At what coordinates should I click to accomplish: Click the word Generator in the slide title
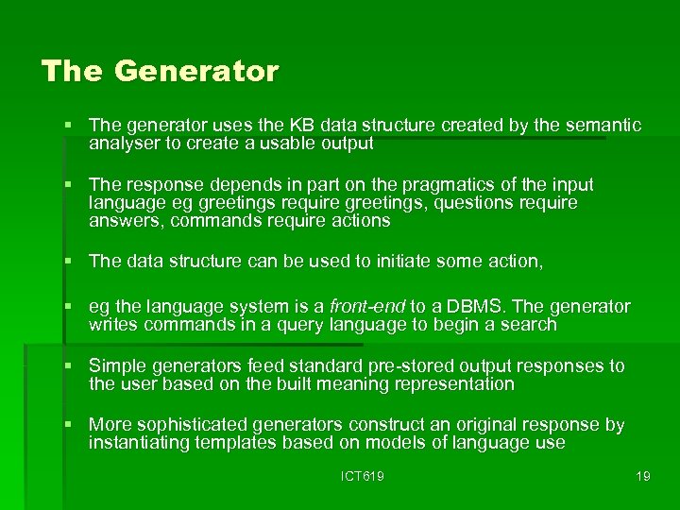(196, 72)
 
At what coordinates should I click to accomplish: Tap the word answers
(123, 221)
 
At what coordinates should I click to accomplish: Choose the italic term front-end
(366, 306)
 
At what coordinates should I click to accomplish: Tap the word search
(530, 325)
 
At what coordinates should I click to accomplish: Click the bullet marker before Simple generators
(69, 365)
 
